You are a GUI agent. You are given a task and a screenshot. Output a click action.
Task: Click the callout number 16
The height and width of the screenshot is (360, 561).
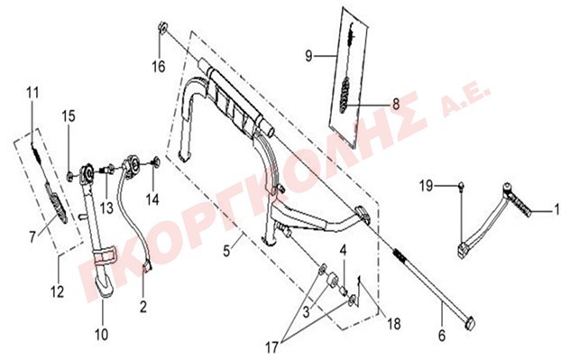(159, 67)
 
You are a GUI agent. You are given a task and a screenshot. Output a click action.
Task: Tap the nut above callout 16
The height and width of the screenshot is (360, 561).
(163, 27)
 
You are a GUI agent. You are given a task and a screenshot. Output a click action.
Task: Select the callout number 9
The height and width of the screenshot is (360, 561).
(308, 56)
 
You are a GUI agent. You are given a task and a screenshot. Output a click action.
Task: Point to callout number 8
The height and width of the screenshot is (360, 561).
(396, 105)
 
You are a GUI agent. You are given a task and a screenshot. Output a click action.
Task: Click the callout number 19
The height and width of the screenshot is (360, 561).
(426, 186)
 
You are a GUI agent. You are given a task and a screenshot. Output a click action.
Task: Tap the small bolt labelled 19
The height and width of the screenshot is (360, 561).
(462, 185)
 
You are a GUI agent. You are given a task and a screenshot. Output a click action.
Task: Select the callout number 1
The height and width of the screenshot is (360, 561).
(556, 209)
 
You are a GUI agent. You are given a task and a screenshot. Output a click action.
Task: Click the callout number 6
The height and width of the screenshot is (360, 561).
(442, 336)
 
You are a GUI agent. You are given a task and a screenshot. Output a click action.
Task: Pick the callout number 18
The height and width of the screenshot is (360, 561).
(393, 324)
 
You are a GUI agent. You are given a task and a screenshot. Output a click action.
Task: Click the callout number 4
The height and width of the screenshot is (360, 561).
(343, 250)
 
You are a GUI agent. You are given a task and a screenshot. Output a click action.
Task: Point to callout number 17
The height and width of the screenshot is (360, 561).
(271, 347)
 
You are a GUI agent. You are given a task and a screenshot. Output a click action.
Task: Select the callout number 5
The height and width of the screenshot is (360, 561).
(226, 251)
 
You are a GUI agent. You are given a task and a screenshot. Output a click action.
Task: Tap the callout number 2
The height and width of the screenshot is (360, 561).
(143, 307)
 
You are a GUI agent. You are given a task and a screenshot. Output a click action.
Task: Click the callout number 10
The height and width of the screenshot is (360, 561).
(101, 335)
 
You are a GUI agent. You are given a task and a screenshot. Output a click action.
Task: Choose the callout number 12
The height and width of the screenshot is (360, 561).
(57, 291)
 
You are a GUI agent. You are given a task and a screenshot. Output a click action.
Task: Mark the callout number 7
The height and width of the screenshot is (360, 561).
(32, 236)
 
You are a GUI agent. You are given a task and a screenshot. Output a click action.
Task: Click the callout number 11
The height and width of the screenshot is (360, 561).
(32, 93)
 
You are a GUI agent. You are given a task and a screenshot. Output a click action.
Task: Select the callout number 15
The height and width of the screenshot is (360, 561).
(69, 116)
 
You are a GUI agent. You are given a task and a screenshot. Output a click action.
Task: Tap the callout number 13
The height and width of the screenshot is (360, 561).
(106, 208)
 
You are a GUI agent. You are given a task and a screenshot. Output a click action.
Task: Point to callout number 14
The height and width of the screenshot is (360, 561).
(152, 199)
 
